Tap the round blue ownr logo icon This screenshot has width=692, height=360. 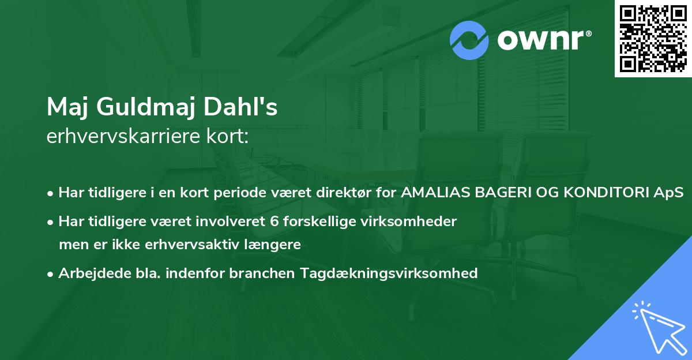tap(469, 40)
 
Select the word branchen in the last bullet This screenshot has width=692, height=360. tap(261, 273)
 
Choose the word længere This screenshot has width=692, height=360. tap(272, 245)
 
